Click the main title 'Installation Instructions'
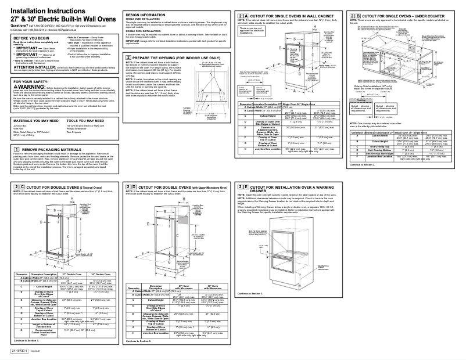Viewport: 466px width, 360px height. pos(42,12)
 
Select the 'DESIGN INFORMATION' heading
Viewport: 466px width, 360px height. pos(144,13)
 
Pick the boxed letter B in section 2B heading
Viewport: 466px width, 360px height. pos(360,14)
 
